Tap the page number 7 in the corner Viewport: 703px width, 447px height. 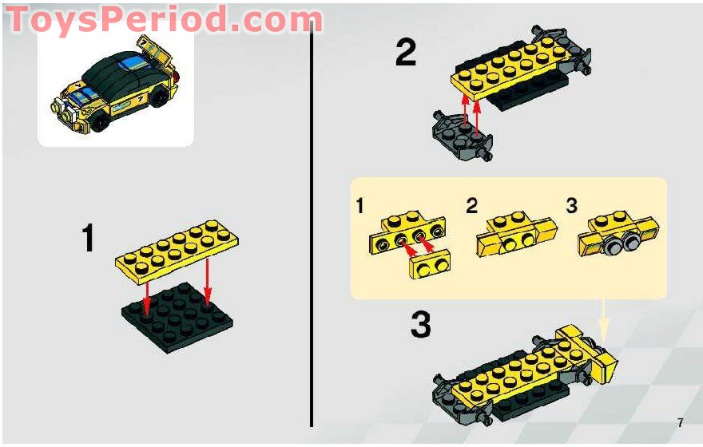pos(680,423)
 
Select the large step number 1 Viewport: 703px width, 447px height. pos(89,239)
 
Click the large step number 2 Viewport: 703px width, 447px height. pos(406,53)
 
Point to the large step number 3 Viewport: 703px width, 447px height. pos(420,326)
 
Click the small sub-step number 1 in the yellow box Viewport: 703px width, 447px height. pos(360,206)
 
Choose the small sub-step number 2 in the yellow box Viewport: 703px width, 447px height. pos(471,206)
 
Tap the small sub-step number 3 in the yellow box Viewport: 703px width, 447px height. pos(571,206)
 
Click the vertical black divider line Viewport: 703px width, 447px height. pos(311,223)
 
